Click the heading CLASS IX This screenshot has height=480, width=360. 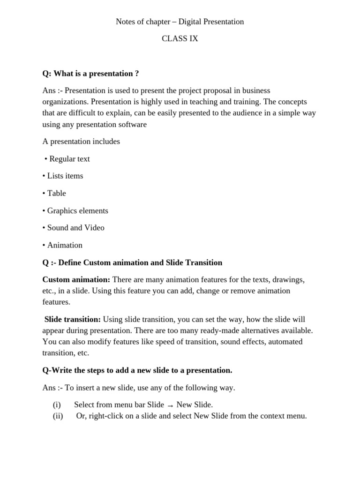pyautogui.click(x=180, y=39)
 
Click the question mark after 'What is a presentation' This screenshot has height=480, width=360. pyautogui.click(x=137, y=74)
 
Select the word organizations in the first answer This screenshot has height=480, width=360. pyautogui.click(x=65, y=102)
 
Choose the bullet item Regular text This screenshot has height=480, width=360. pyautogui.click(x=69, y=159)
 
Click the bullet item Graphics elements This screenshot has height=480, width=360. pyautogui.click(x=77, y=210)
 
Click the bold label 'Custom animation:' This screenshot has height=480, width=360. pyautogui.click(x=76, y=279)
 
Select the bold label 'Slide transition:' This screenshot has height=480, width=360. pyautogui.click(x=73, y=319)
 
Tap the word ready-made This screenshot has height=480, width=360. pyautogui.click(x=198, y=330)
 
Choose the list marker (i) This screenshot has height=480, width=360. pyautogui.click(x=57, y=405)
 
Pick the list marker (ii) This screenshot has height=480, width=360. pyautogui.click(x=58, y=415)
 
